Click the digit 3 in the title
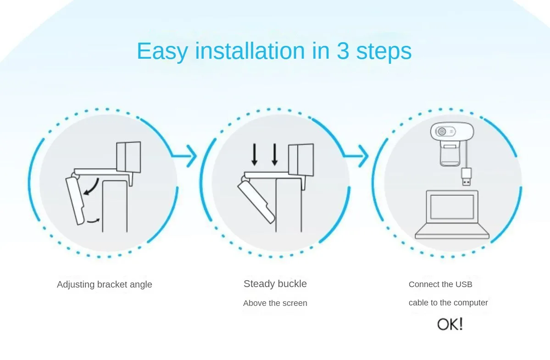pos(342,51)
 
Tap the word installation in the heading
pos(250,50)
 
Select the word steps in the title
pos(384,52)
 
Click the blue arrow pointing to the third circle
pos(356,155)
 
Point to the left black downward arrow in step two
pos(255,154)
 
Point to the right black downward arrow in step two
pos(275,154)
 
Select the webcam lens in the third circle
pos(442,132)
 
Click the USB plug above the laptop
pos(466,177)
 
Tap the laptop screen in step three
pos(452,206)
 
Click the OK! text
pos(450,324)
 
